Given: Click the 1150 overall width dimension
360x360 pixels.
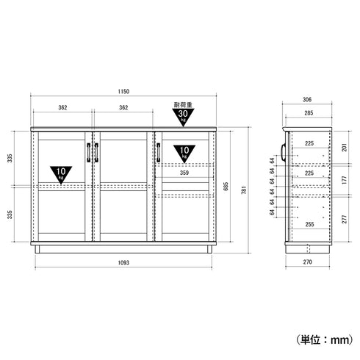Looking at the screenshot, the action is pos(123,92).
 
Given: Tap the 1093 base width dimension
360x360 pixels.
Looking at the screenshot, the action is pos(123,263).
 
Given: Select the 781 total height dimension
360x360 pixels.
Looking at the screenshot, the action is pos(244,190).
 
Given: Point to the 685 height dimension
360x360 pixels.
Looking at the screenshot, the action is pos(226,187).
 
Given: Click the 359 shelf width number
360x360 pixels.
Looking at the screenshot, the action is pos(184,173).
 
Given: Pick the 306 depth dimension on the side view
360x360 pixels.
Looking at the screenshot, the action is pos(307,99).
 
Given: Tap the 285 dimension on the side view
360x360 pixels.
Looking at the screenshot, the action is pos(309,113).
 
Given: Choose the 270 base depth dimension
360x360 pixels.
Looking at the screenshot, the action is pos(308,262).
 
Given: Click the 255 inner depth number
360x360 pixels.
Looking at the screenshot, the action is pos(309,224).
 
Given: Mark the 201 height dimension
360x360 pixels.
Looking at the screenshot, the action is pos(345,148).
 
